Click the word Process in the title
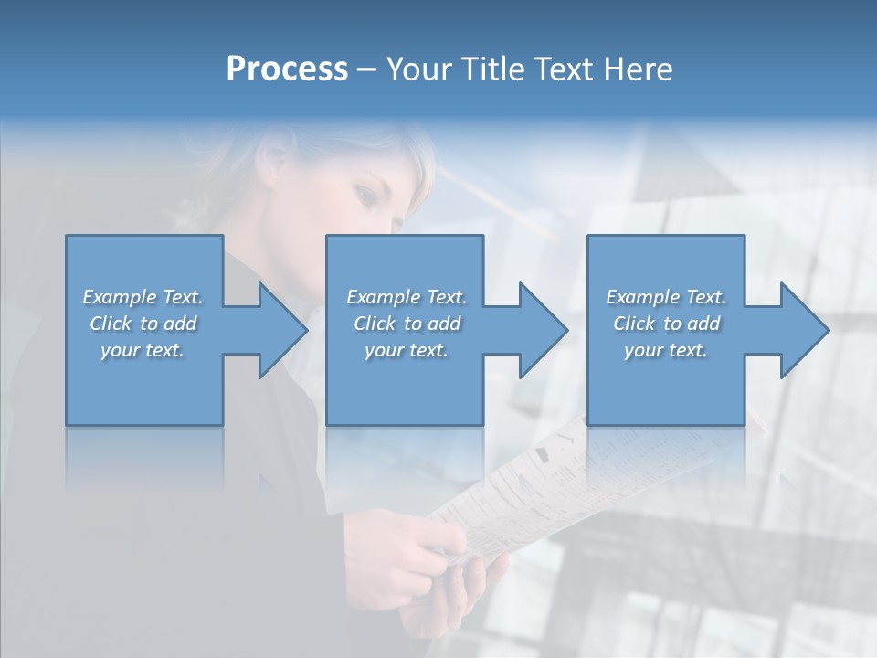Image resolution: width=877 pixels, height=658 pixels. coord(287,69)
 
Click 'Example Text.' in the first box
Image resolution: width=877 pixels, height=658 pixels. coord(143,297)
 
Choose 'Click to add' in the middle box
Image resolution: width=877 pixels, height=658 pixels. coord(407,324)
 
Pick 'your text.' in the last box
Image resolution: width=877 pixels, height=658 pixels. coord(666,350)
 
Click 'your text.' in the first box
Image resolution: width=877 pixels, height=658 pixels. coord(143,350)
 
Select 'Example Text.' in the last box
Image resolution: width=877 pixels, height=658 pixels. coord(666,297)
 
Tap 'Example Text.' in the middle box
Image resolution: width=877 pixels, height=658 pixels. coord(407,297)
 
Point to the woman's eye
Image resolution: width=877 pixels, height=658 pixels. coord(366,194)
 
